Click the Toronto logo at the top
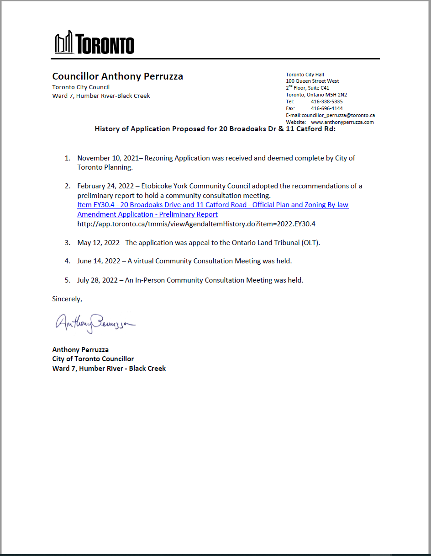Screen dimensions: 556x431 click(95, 43)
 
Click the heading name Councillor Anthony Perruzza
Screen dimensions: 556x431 click(117, 76)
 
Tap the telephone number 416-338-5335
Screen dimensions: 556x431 click(326, 102)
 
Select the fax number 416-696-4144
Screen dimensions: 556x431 click(326, 108)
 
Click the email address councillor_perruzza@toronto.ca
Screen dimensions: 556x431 click(338, 115)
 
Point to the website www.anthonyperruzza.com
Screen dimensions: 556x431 click(342, 122)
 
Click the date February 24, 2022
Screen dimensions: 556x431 click(105, 186)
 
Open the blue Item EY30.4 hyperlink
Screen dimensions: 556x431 click(213, 205)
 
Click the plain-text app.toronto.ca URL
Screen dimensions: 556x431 click(196, 224)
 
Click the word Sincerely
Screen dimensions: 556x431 click(67, 299)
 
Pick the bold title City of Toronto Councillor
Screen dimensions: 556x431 click(93, 359)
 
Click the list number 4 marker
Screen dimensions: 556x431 click(67, 261)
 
